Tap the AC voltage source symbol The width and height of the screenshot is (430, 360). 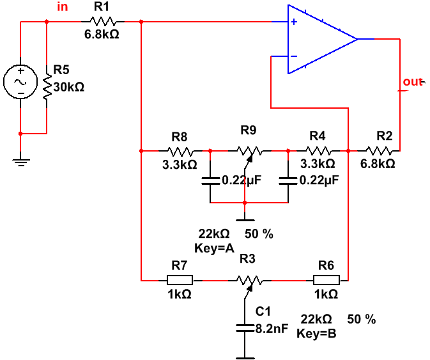point(20,82)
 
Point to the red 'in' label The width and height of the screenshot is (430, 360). point(63,7)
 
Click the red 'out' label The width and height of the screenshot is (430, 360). point(413,82)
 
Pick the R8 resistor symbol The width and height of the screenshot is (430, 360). point(180,152)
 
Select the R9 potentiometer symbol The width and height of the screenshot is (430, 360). point(249,152)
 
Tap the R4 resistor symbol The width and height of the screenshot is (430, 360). point(318,152)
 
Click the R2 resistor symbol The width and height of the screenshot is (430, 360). point(381,152)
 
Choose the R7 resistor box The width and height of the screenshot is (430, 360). point(180,280)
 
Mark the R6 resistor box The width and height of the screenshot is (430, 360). point(326,280)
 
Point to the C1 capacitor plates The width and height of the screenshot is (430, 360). point(245,328)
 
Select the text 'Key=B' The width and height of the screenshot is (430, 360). point(317,333)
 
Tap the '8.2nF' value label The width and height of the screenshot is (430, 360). point(272,329)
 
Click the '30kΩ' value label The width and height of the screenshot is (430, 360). point(69,87)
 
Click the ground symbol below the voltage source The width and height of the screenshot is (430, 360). point(21,160)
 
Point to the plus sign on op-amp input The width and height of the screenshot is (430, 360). point(293,22)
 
